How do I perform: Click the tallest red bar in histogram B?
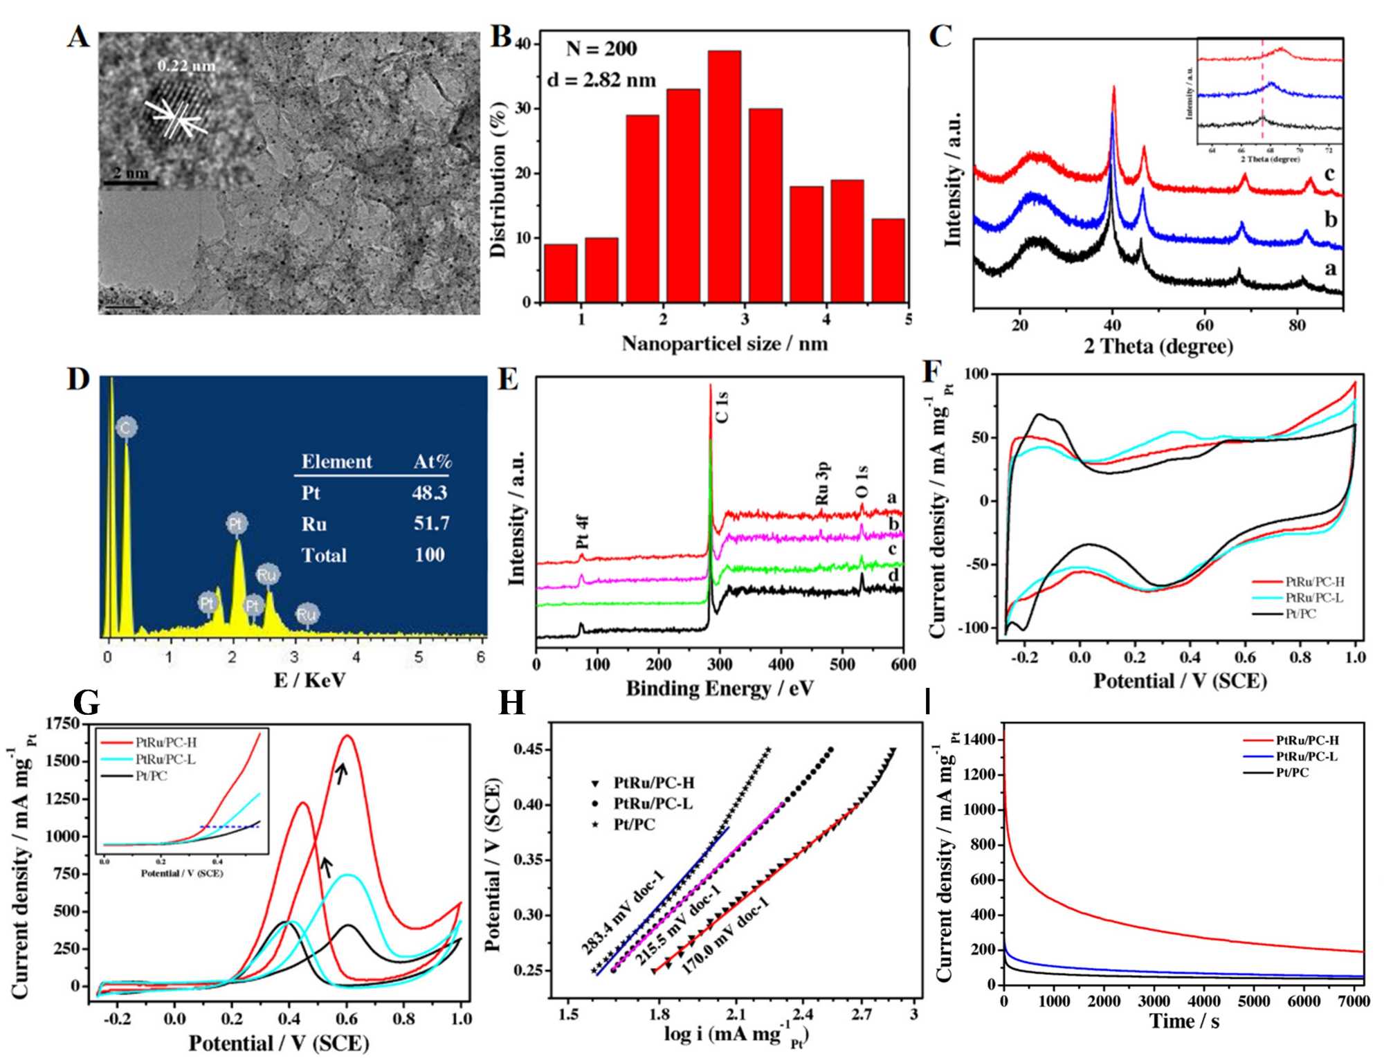click(x=724, y=176)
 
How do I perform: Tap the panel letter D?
click(x=78, y=380)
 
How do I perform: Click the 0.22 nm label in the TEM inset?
click(x=186, y=66)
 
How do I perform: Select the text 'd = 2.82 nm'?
click(x=601, y=80)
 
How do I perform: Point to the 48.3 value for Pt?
click(x=429, y=493)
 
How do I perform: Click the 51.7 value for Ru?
click(x=431, y=523)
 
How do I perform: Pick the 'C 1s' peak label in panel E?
click(x=722, y=407)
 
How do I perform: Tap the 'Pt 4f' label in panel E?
click(x=583, y=531)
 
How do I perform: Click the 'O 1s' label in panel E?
click(x=862, y=482)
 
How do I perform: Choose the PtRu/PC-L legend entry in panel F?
click(x=1313, y=598)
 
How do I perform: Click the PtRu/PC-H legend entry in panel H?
click(x=653, y=783)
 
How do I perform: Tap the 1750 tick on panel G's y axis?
click(x=62, y=724)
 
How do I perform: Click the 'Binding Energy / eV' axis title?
click(x=720, y=688)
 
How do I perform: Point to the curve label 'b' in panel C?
click(x=1330, y=219)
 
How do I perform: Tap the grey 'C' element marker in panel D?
click(x=126, y=428)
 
